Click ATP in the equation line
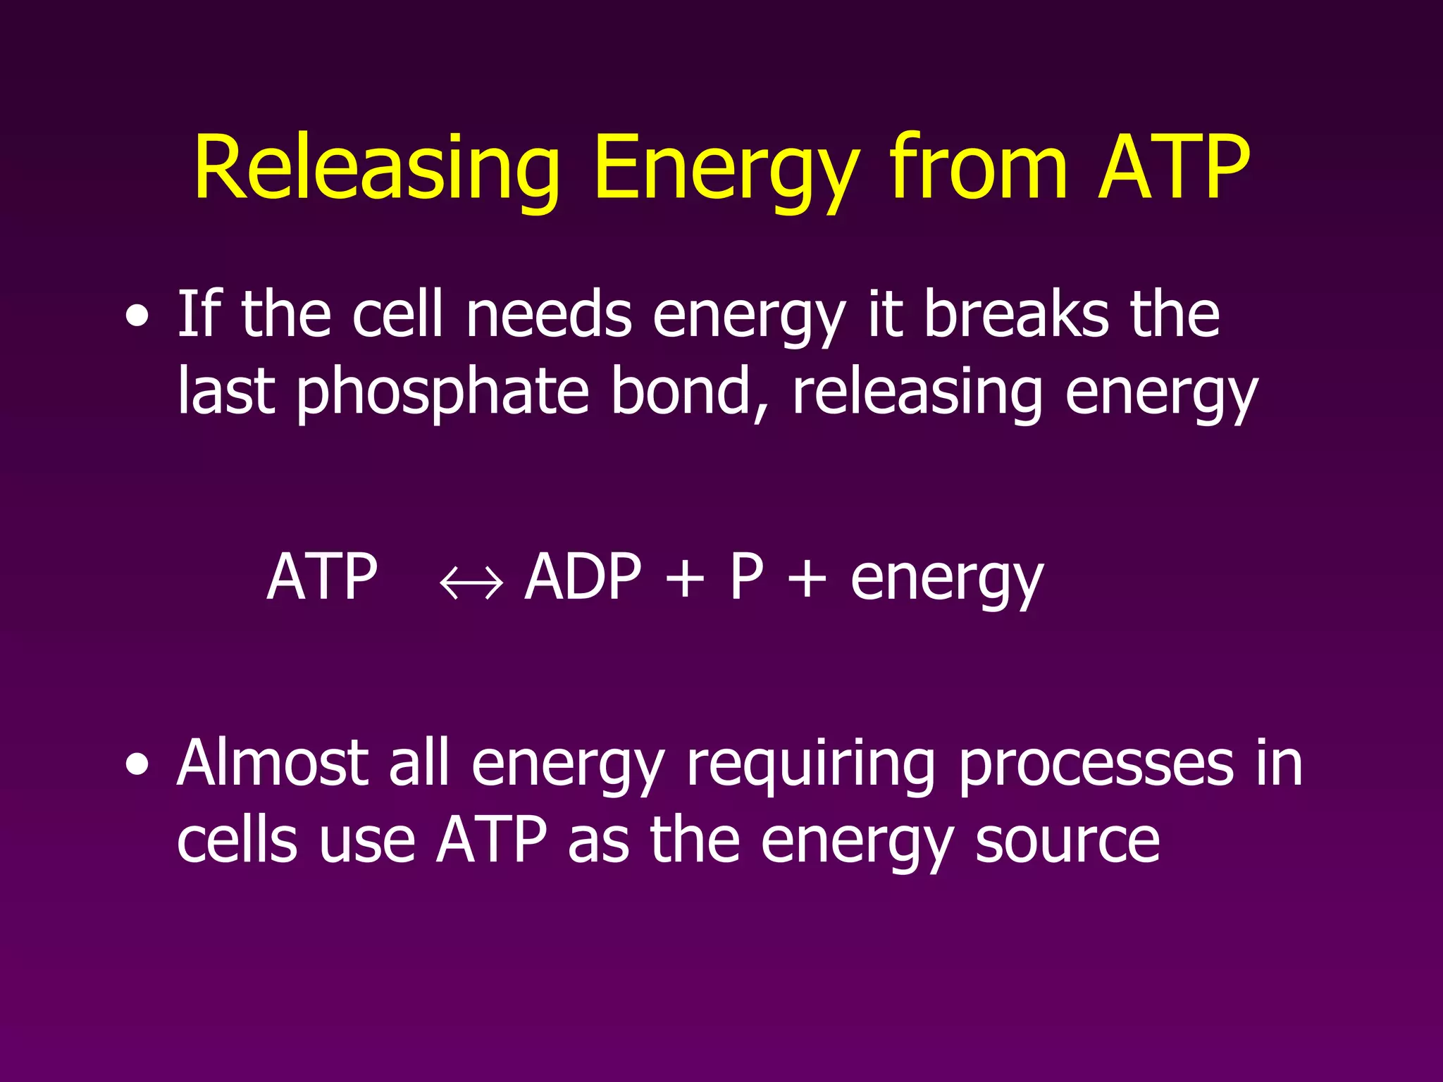click(322, 577)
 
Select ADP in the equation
click(583, 577)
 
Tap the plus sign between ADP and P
click(684, 579)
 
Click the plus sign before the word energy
click(807, 579)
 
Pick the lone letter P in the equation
click(746, 577)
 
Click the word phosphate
click(442, 393)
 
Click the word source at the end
click(1067, 842)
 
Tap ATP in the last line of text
click(491, 840)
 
